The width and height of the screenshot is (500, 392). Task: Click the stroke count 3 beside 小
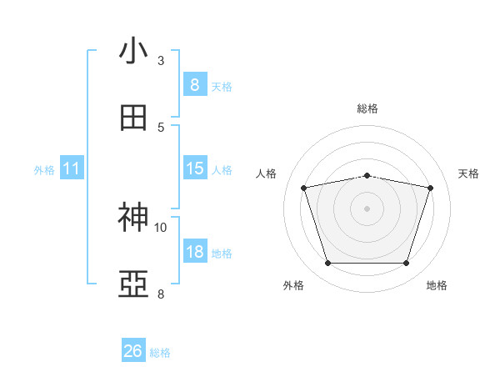click(x=161, y=61)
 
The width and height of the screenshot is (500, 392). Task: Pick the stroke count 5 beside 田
click(x=161, y=127)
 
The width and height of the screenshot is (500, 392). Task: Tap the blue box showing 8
click(x=194, y=85)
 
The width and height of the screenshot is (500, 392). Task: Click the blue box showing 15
click(x=194, y=168)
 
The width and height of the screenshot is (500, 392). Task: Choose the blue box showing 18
click(x=194, y=252)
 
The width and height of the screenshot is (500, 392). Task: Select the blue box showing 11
click(x=72, y=168)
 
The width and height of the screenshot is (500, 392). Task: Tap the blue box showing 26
click(x=133, y=351)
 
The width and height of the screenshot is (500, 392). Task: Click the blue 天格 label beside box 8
click(x=222, y=87)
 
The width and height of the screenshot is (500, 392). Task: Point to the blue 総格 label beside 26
click(x=160, y=353)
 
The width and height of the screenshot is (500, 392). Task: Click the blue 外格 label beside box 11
click(x=44, y=170)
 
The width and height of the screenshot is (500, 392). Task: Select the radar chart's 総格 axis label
click(x=367, y=108)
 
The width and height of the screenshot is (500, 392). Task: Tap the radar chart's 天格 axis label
click(x=469, y=173)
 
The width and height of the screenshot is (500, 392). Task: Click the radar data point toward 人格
click(x=304, y=188)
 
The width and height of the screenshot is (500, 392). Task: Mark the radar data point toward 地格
click(x=406, y=264)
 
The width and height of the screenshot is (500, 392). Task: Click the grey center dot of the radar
click(x=367, y=209)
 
